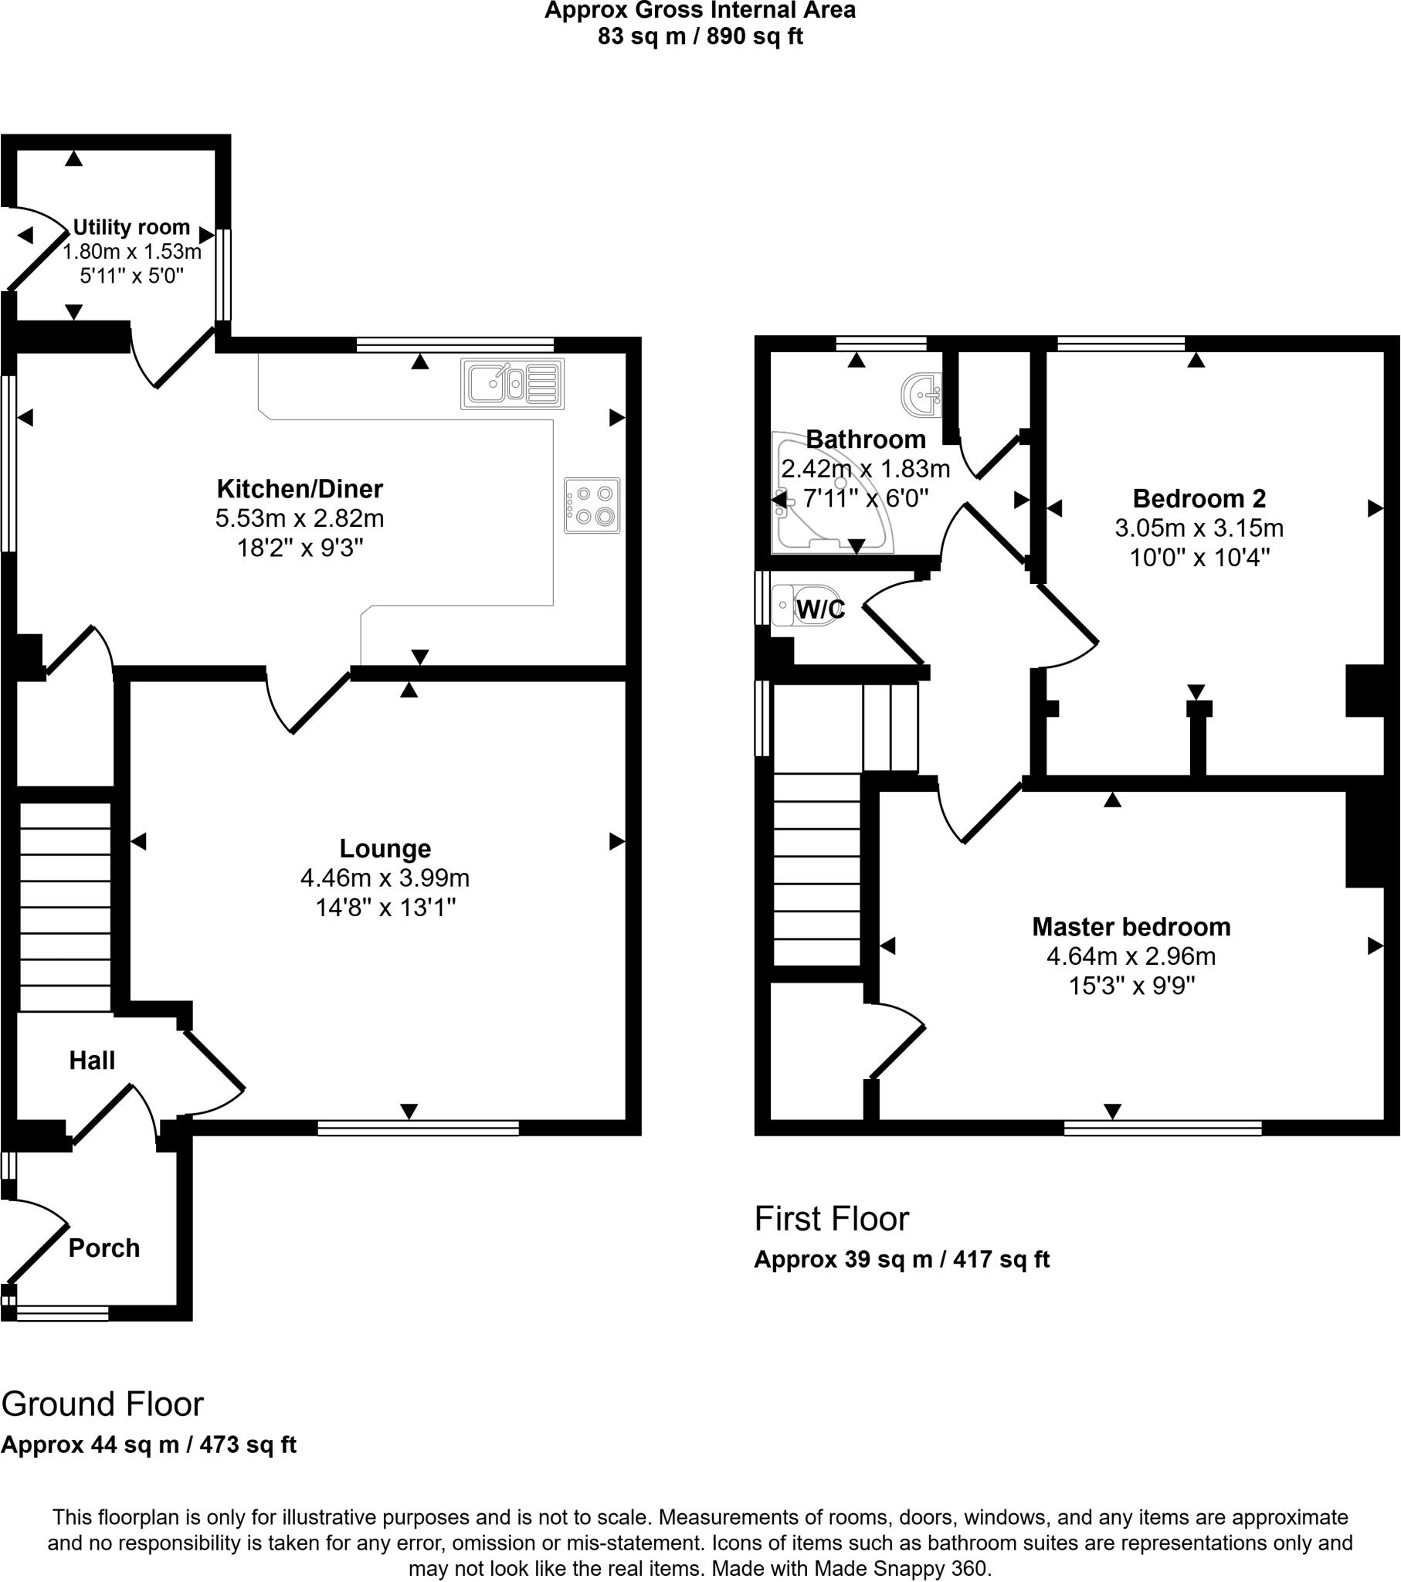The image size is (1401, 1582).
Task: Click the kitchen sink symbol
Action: pyautogui.click(x=511, y=383)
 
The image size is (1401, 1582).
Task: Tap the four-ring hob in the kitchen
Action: pyautogui.click(x=592, y=505)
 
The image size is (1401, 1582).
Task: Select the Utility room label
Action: pyautogui.click(x=131, y=227)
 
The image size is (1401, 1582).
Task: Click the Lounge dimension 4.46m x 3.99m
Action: pyautogui.click(x=385, y=878)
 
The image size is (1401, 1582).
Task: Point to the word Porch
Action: pyautogui.click(x=103, y=1248)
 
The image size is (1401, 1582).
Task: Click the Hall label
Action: pyautogui.click(x=92, y=1061)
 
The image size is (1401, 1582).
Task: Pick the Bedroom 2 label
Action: pyautogui.click(x=1199, y=497)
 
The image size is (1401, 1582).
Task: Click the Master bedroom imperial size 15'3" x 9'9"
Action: pyautogui.click(x=1131, y=985)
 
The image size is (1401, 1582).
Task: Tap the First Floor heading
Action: pyautogui.click(x=831, y=1219)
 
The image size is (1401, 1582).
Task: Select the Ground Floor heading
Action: pyautogui.click(x=102, y=1404)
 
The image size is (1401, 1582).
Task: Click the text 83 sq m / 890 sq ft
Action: pyautogui.click(x=700, y=36)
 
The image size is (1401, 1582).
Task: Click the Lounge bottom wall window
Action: pyautogui.click(x=418, y=1129)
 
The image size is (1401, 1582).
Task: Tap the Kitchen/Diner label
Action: pyautogui.click(x=300, y=488)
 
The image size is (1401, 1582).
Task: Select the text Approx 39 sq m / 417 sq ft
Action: pyautogui.click(x=901, y=1259)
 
